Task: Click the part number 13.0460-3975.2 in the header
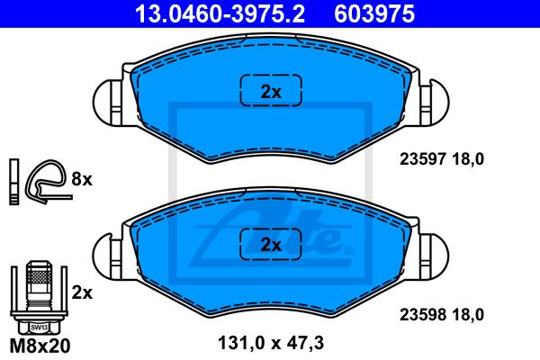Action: pos(220,14)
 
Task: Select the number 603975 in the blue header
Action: pos(374,14)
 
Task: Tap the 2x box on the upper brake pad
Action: pos(271,90)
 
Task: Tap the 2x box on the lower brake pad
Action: pos(271,244)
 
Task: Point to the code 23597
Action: pos(423,159)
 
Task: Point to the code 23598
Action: pos(423,314)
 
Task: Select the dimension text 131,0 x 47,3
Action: pos(271,343)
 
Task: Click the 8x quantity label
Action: pos(82,179)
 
